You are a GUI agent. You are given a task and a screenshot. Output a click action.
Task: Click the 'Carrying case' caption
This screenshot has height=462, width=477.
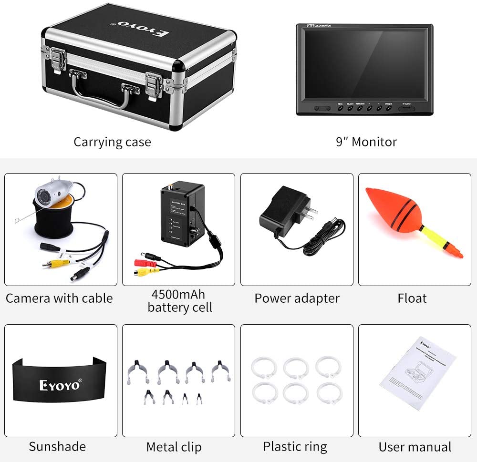tap(112, 142)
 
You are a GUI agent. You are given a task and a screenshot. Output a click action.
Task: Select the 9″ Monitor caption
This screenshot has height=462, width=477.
tap(366, 142)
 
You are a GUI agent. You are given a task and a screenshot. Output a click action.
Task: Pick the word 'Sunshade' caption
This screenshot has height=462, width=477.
tap(57, 447)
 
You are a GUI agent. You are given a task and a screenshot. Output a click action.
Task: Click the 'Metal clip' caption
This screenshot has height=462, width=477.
tap(174, 447)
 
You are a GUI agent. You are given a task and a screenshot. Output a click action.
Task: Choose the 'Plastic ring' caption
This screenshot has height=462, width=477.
tap(295, 447)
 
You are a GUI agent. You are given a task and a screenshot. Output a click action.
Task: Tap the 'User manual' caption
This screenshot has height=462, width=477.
tap(415, 447)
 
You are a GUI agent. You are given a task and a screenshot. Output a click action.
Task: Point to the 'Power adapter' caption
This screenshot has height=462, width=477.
tap(297, 298)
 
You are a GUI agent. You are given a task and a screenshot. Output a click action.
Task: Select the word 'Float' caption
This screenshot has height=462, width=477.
tap(412, 298)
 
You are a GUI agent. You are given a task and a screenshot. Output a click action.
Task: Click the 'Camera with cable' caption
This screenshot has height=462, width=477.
tap(59, 298)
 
